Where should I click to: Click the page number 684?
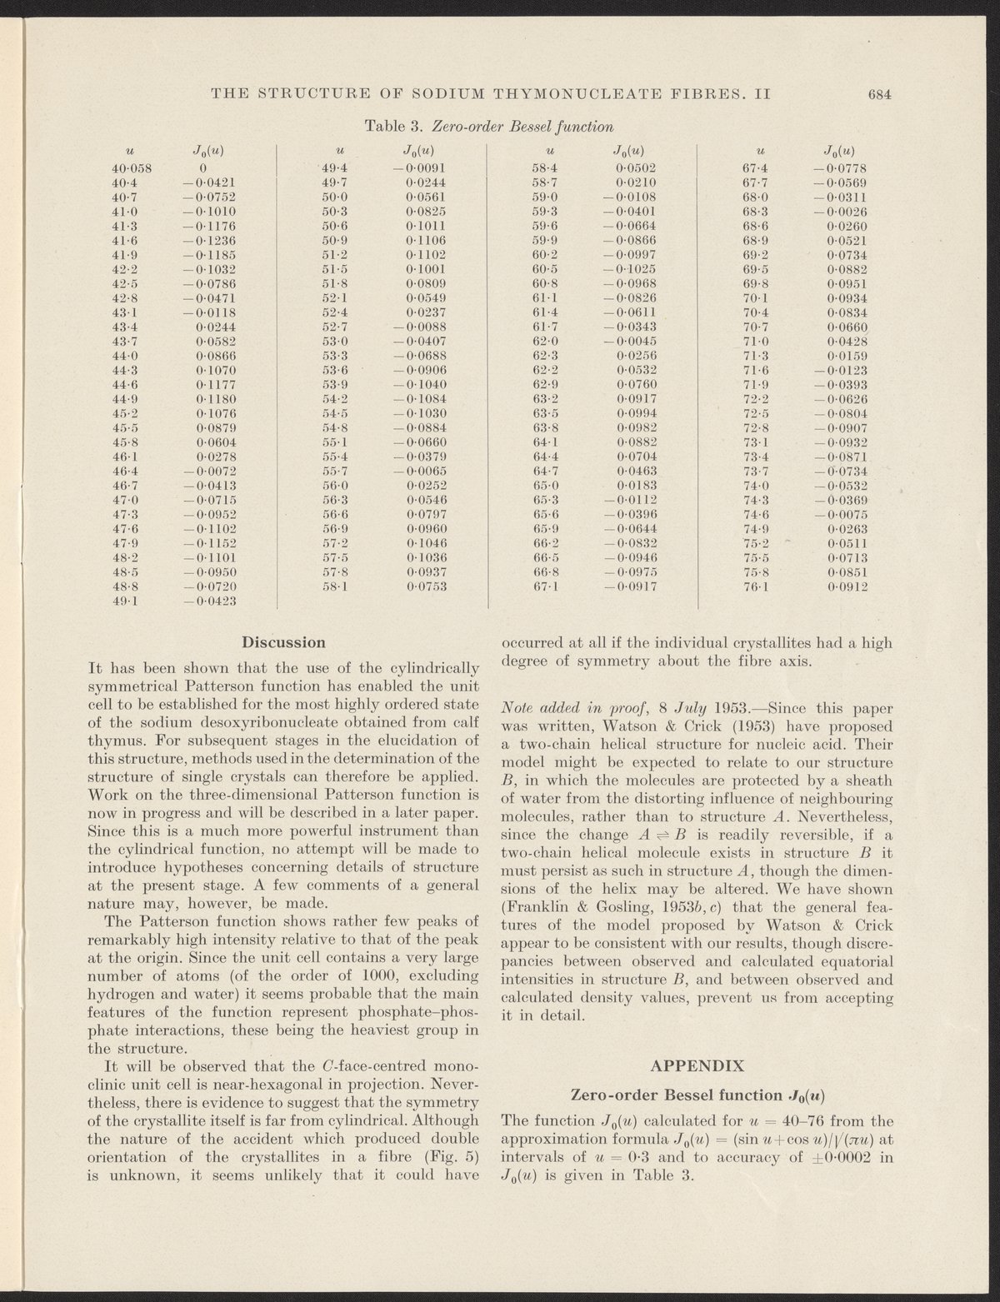click(880, 93)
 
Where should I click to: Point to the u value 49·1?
click(127, 601)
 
